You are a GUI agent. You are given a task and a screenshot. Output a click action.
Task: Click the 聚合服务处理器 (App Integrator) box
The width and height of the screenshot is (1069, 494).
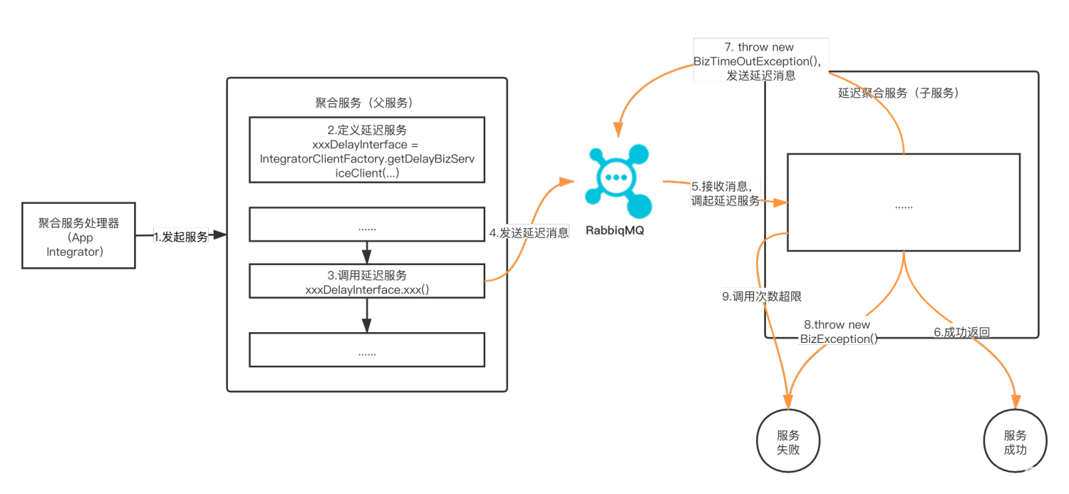78,235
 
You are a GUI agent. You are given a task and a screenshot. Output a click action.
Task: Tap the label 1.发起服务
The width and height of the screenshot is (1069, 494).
181,237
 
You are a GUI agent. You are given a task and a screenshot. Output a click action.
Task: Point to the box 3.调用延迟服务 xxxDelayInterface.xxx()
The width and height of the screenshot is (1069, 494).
366,282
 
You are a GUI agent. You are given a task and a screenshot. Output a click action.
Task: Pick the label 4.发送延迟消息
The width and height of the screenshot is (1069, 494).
529,232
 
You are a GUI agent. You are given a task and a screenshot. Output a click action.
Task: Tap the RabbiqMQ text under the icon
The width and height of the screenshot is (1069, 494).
614,231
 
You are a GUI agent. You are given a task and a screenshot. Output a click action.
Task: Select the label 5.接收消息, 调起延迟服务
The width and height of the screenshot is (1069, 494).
725,194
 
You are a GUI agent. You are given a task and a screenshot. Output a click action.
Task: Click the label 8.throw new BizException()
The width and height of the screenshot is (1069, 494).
838,331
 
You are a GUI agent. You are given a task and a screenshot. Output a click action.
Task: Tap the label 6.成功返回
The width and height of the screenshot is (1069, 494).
961,331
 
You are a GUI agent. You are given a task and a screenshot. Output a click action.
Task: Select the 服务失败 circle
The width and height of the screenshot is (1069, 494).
788,442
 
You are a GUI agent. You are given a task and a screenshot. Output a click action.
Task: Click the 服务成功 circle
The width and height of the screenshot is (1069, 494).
1015,442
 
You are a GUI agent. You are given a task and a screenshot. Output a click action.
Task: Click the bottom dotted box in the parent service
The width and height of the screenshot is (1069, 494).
366,351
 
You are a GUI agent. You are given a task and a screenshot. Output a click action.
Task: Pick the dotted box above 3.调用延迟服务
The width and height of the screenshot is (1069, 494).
366,227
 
